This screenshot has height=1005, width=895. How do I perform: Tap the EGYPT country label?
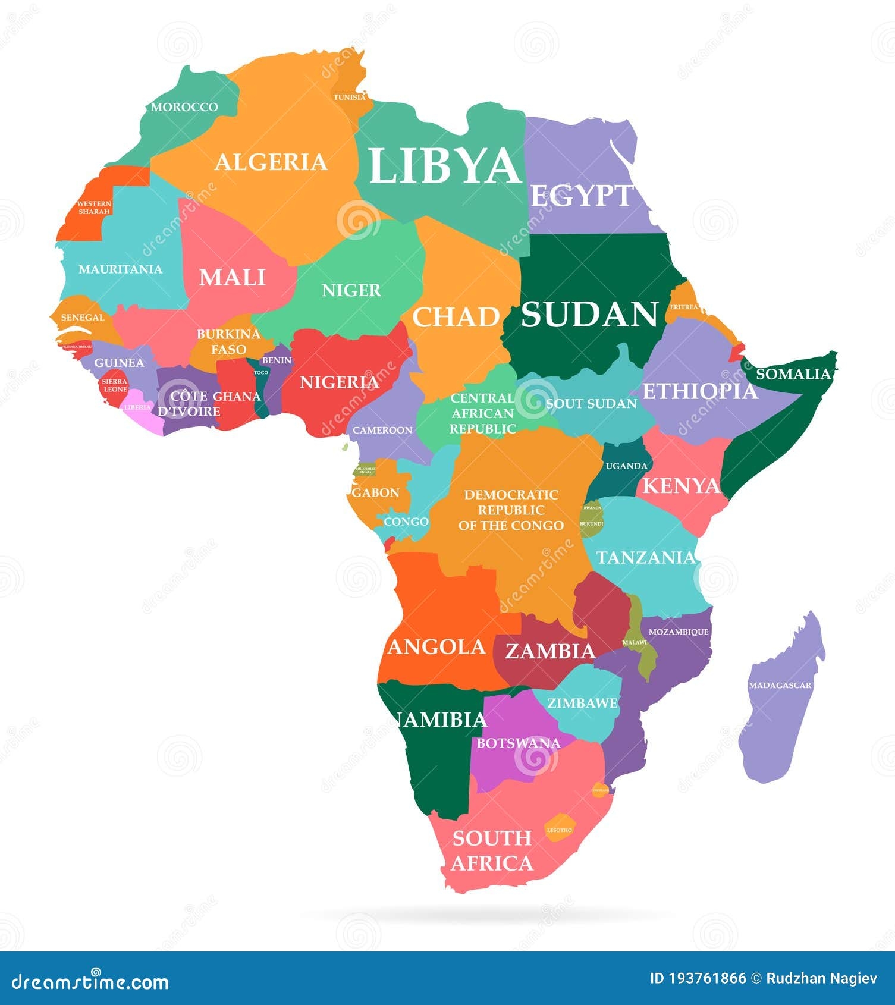point(582,196)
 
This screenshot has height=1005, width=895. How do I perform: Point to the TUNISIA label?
point(350,97)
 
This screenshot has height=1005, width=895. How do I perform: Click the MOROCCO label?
point(184,107)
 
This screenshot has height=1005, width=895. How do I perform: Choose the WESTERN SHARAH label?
point(94,208)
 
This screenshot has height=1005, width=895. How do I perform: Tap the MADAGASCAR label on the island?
point(780,686)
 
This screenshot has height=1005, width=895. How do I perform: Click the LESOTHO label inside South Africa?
point(559,830)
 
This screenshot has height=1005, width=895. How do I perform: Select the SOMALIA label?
point(793,374)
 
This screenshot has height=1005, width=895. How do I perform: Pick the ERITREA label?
point(684,307)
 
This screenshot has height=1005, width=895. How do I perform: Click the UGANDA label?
point(626,466)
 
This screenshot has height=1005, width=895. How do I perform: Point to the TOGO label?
point(261,372)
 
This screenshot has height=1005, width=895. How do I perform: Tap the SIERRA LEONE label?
point(114,385)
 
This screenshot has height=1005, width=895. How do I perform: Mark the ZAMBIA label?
point(550,652)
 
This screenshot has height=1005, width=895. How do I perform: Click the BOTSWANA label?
point(518,743)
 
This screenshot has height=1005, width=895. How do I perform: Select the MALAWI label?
point(635,643)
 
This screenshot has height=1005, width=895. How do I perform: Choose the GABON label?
point(376,492)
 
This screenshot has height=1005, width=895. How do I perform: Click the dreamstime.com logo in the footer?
point(90,981)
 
